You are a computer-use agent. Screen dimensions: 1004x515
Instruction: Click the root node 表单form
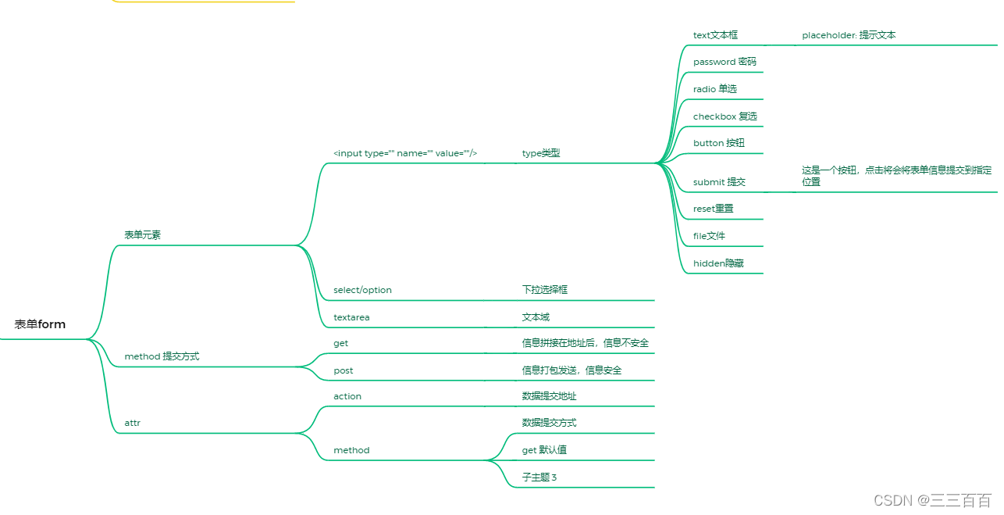pyautogui.click(x=40, y=324)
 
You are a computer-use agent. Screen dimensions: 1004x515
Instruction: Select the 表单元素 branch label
pyautogui.click(x=143, y=234)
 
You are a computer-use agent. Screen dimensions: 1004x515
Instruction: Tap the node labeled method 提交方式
pyautogui.click(x=162, y=356)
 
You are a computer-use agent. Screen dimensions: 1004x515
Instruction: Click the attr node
pyautogui.click(x=133, y=423)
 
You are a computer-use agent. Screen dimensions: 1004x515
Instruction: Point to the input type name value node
pyautogui.click(x=405, y=153)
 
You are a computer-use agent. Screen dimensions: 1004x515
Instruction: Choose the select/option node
pyautogui.click(x=362, y=290)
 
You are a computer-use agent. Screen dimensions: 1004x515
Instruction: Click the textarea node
pyautogui.click(x=351, y=317)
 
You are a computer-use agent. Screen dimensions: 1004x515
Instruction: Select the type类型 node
pyautogui.click(x=541, y=153)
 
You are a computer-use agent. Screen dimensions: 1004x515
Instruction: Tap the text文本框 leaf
pyautogui.click(x=715, y=35)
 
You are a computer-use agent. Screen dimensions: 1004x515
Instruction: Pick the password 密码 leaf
pyautogui.click(x=725, y=62)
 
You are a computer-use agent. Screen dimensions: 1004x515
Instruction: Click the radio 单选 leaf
pyautogui.click(x=715, y=89)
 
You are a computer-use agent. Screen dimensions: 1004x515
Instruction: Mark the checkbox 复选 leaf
pyautogui.click(x=725, y=116)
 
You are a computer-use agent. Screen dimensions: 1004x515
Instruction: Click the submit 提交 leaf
pyautogui.click(x=719, y=182)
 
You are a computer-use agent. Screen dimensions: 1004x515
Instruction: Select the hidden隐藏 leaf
pyautogui.click(x=718, y=263)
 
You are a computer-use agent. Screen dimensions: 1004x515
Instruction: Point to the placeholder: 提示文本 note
pyautogui.click(x=849, y=35)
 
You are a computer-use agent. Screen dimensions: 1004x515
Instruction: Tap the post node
pyautogui.click(x=344, y=370)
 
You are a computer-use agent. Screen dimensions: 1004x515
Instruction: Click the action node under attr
pyautogui.click(x=347, y=396)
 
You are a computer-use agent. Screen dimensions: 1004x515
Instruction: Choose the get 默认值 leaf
pyautogui.click(x=544, y=450)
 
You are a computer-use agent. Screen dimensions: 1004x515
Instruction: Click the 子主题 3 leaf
pyautogui.click(x=539, y=477)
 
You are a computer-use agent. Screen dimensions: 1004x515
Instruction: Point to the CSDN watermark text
pyautogui.click(x=932, y=500)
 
